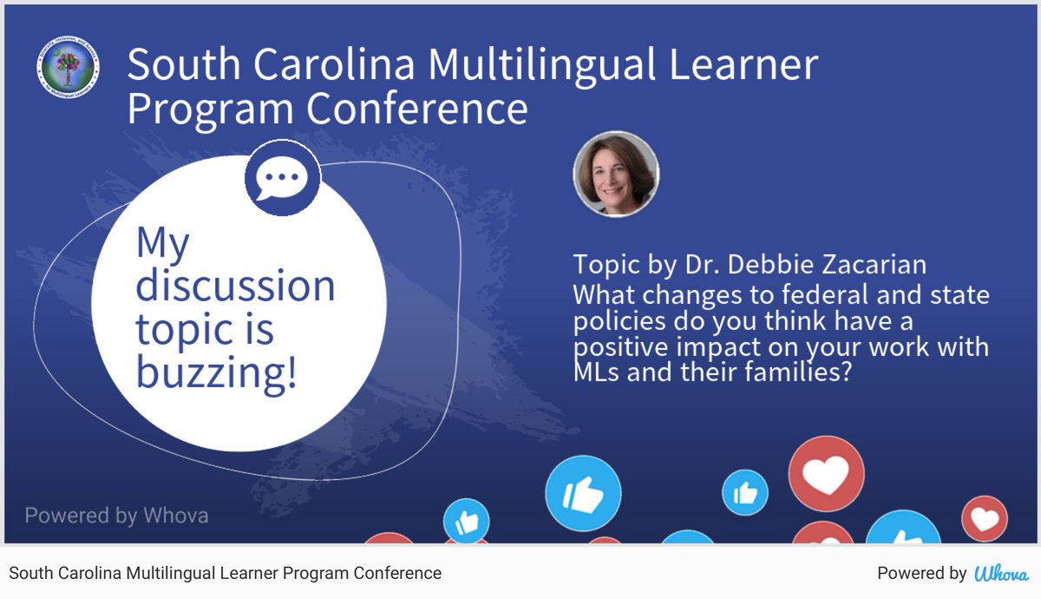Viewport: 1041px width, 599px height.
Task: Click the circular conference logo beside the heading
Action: pos(68,68)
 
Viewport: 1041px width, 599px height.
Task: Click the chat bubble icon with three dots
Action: pos(282,177)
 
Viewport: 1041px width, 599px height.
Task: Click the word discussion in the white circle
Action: pos(235,286)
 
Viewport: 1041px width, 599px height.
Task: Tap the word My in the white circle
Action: pos(162,243)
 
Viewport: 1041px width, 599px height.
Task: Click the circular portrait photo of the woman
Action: pos(616,174)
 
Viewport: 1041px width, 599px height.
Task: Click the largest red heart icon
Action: pos(826,473)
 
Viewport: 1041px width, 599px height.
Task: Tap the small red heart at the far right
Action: pos(985,518)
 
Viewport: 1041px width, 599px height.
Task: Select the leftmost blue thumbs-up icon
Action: pos(466,522)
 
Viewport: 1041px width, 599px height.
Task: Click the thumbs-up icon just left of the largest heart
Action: pos(745,492)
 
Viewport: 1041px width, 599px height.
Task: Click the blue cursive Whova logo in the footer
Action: pos(1002,573)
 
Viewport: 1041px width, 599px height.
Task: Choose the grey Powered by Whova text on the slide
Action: pos(116,516)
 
